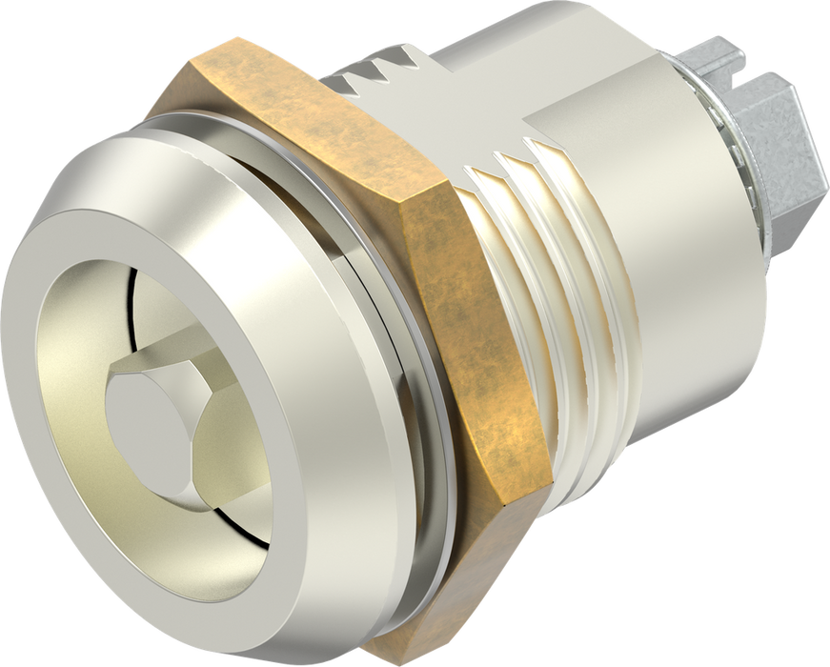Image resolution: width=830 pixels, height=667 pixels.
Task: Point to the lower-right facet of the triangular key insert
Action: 214,449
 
